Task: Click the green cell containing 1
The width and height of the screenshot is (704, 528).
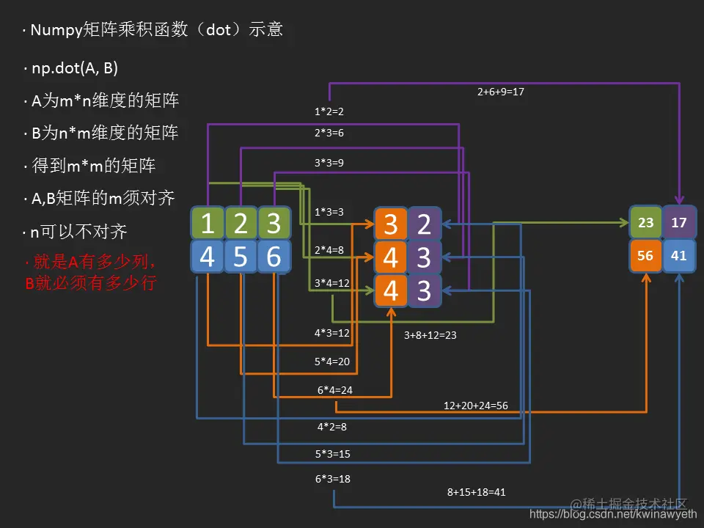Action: [207, 224]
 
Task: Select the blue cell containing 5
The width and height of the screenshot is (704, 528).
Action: [241, 257]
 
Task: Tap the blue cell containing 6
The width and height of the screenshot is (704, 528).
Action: [274, 257]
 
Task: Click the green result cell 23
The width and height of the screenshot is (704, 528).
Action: [645, 222]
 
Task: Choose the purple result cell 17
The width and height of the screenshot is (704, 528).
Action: [679, 222]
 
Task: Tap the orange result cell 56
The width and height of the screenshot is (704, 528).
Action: [645, 256]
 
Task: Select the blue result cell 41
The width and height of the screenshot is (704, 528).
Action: [679, 256]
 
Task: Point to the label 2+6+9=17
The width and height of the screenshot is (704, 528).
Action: [501, 92]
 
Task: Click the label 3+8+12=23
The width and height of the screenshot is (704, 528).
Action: [430, 335]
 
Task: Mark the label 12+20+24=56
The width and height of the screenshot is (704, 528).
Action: [476, 406]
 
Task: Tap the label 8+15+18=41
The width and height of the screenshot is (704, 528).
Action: [476, 492]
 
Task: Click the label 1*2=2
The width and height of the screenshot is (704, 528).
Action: [329, 112]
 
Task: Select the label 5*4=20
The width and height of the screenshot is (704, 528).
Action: [332, 362]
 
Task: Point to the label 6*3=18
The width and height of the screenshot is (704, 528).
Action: [332, 479]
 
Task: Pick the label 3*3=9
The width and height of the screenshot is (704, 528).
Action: [329, 162]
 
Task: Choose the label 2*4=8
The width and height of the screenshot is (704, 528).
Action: [329, 250]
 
